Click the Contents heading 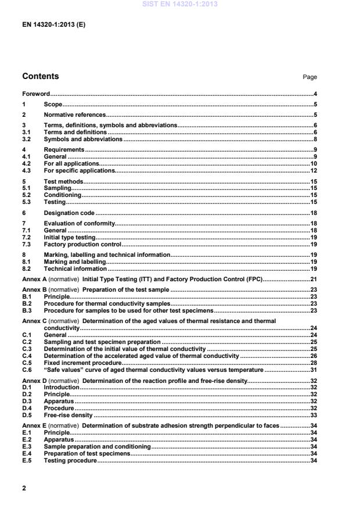[x=40, y=77]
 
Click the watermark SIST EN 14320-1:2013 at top [x=179, y=5]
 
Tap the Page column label [x=310, y=77]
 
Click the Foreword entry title [x=35, y=94]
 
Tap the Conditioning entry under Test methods [x=63, y=195]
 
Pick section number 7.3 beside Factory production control [x=26, y=244]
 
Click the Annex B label [x=34, y=290]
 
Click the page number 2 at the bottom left [x=24, y=488]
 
